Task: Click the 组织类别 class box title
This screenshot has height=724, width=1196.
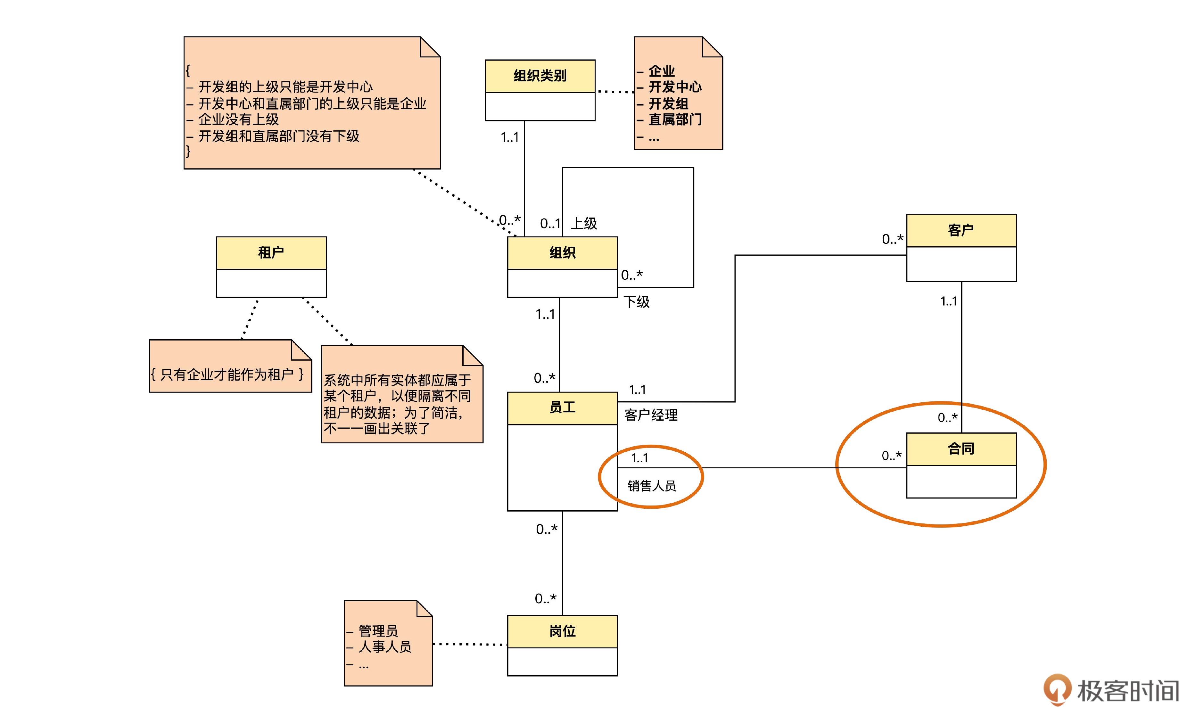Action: tap(540, 76)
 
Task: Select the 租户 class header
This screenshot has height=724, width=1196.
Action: tap(271, 253)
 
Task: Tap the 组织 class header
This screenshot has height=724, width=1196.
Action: tap(562, 253)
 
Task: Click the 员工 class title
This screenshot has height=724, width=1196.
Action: tap(562, 407)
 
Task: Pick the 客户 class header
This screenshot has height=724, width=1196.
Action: tap(961, 230)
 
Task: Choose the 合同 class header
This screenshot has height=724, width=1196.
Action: tap(961, 449)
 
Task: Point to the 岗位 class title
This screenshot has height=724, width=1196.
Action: tap(562, 631)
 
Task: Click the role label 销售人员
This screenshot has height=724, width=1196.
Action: tap(651, 486)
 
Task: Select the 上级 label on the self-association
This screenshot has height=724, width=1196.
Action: tap(584, 223)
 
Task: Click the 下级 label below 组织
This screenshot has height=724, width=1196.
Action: tap(636, 302)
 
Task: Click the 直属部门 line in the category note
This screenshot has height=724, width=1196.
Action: tap(675, 119)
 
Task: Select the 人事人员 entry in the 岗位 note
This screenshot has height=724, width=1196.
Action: tap(384, 646)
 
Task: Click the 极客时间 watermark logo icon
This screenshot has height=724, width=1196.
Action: tap(1057, 689)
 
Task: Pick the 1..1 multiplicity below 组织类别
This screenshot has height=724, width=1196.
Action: tap(510, 137)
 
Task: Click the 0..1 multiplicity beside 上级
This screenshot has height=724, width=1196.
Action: tap(550, 224)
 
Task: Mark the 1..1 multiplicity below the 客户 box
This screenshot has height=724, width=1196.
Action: tap(948, 301)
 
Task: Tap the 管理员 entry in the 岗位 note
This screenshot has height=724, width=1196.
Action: tap(378, 630)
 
